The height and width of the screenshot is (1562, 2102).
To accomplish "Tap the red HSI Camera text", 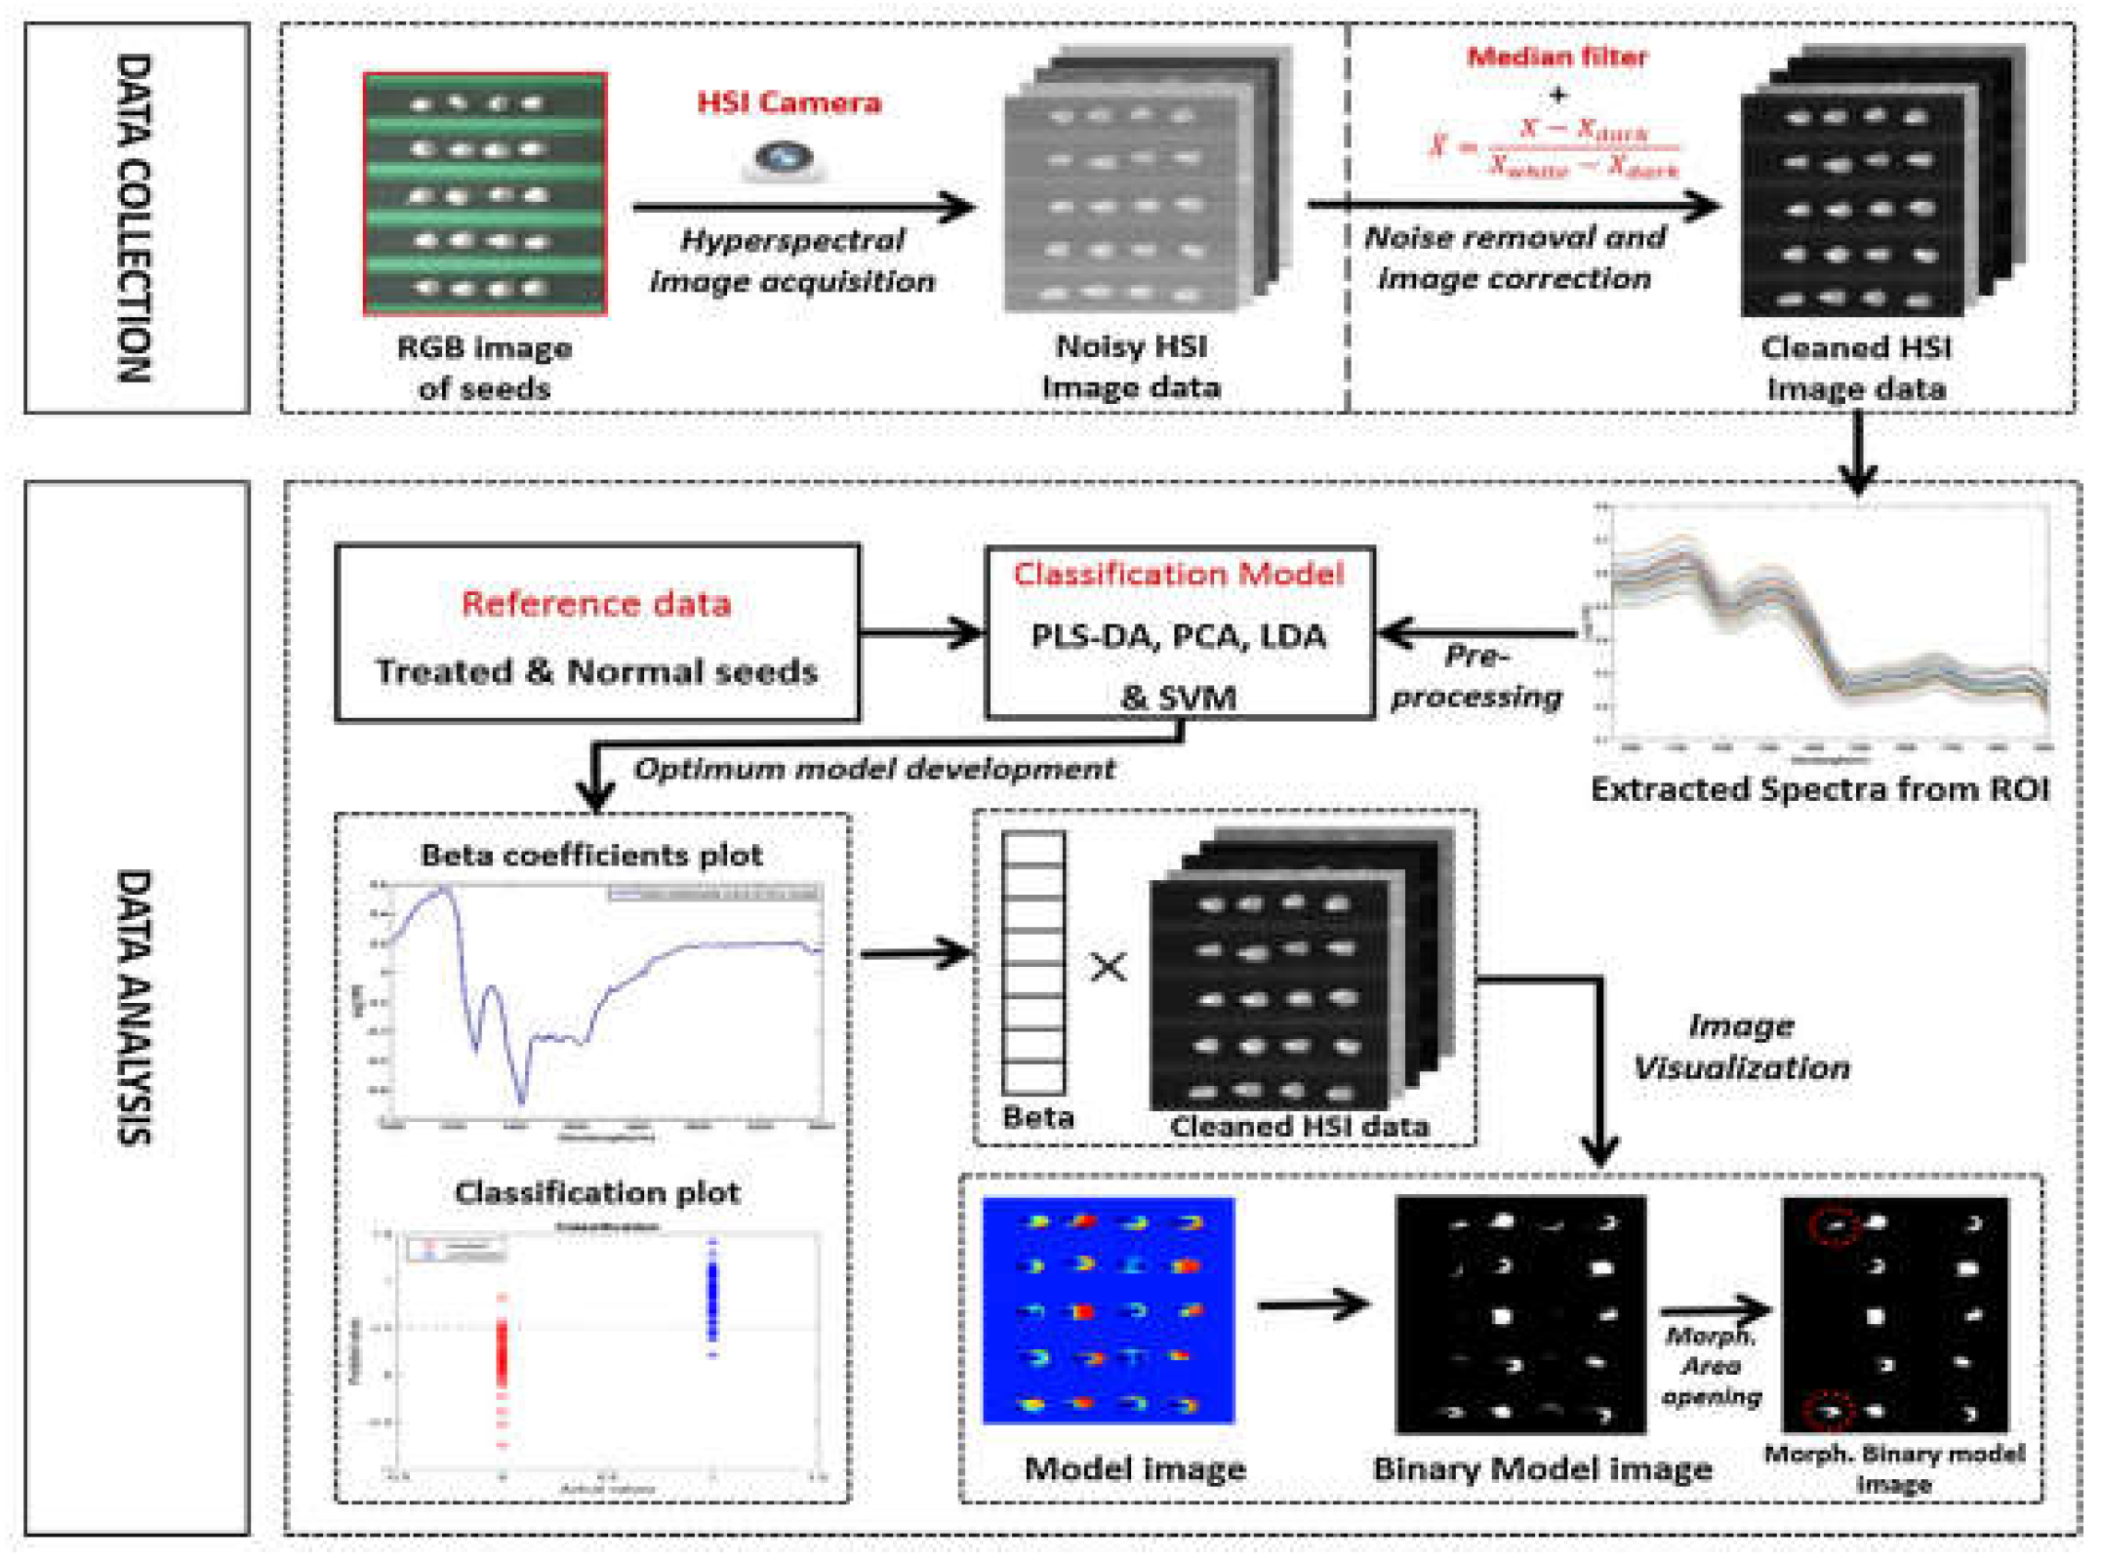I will click(788, 102).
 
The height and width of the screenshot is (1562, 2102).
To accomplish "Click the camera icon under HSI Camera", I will click(785, 158).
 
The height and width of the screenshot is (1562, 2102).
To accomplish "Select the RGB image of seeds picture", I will click(485, 194).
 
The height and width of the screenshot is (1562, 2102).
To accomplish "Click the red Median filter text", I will click(1557, 57).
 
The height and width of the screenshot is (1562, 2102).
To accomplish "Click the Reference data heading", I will click(596, 604).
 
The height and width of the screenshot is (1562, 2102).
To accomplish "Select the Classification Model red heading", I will click(1179, 574).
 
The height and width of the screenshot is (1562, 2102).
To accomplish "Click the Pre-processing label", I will click(1476, 675).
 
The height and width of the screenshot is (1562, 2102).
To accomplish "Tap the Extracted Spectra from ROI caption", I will click(1820, 788).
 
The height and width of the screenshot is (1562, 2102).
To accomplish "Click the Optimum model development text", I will click(873, 769).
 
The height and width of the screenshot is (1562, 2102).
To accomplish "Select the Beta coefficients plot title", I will click(591, 855).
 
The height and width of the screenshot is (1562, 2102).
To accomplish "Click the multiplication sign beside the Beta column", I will click(1109, 967).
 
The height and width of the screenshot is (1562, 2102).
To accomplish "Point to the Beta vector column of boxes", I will click(1033, 962).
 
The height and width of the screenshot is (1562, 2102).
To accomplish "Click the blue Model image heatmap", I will click(1109, 1310).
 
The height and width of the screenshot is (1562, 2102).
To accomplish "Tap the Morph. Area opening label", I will click(1712, 1366).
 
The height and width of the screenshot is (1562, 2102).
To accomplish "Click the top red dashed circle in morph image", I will click(1835, 1225).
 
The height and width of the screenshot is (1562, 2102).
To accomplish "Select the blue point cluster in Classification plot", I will click(712, 1298).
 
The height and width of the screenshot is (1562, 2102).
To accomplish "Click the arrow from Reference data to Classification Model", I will click(922, 633).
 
